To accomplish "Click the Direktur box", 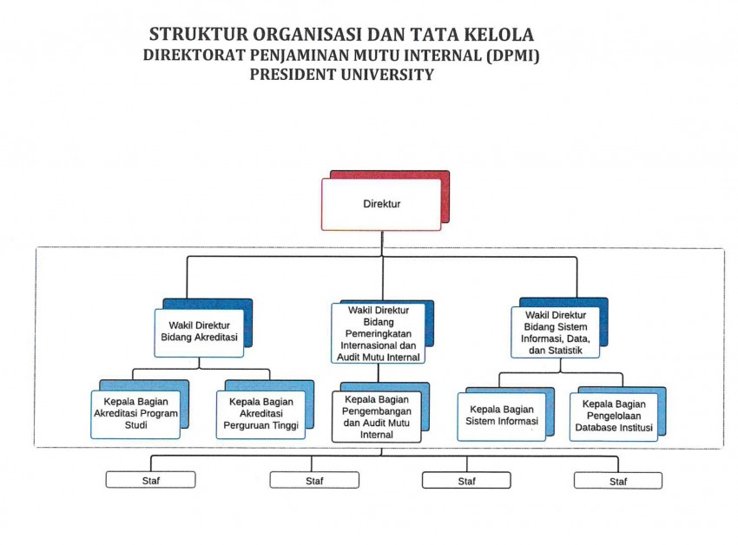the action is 381,204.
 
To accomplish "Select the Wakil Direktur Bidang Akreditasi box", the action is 199,332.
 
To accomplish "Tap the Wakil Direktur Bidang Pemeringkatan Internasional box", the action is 378,333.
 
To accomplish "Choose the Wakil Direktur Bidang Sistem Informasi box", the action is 556,332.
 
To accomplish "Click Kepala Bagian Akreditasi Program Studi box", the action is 135,414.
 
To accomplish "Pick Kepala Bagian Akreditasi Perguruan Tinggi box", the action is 260,414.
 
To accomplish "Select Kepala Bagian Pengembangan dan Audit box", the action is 377,417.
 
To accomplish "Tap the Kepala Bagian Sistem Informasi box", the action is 502,417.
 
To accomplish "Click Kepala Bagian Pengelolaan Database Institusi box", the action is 614,417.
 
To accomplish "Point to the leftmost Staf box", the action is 150,480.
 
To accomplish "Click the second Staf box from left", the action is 314,480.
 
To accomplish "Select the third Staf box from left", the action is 466,481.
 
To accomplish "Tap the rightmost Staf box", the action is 618,481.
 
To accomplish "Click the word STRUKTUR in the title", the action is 199,35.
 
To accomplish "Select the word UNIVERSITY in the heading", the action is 388,75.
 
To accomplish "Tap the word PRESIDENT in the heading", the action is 293,75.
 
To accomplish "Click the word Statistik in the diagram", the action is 564,350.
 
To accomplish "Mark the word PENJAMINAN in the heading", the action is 300,55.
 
